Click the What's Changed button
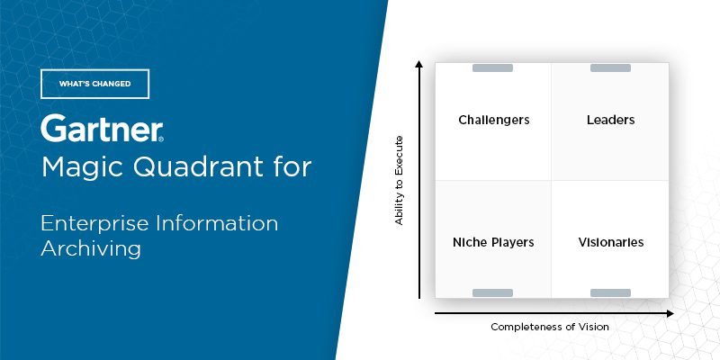(95, 84)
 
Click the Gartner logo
(102, 128)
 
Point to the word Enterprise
(95, 224)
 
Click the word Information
(217, 223)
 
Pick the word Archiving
(91, 249)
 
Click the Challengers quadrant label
(494, 121)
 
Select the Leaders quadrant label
(611, 120)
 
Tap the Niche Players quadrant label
(493, 242)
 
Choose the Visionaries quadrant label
(611, 242)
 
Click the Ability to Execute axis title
(399, 181)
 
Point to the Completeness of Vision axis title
(550, 327)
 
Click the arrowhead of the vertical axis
(418, 63)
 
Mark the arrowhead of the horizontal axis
(670, 313)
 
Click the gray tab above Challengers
(492, 68)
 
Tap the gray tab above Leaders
(610, 68)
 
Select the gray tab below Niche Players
(492, 293)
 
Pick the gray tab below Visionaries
(610, 293)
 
